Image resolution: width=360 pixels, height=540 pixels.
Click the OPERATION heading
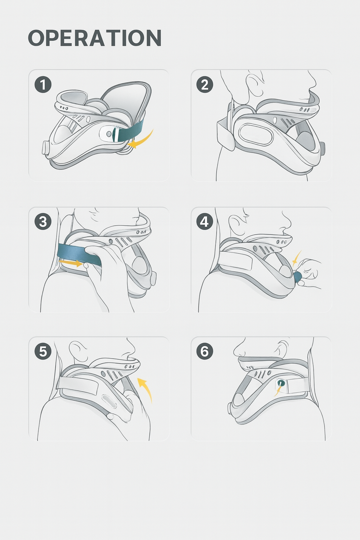95,38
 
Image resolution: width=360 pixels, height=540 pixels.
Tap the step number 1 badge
43,85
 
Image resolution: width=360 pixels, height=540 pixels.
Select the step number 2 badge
205,85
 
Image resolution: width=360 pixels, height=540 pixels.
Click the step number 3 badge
43,222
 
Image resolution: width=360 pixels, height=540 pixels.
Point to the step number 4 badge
205,222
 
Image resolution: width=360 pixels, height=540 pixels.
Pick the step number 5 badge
43,351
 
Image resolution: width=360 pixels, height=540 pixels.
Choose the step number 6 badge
205,351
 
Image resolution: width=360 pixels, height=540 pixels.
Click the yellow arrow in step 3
70,262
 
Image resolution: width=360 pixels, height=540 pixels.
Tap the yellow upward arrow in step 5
146,388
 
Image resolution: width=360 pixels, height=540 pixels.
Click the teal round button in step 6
281,383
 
